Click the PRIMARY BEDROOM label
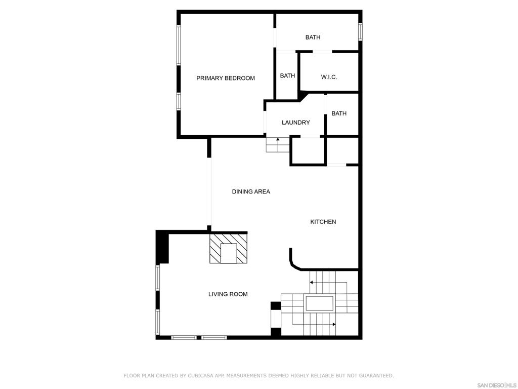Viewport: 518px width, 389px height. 226,78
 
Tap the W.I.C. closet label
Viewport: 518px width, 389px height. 329,77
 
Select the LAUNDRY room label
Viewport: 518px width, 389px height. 295,123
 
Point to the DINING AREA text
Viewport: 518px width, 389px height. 251,191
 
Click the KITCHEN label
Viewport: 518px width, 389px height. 323,222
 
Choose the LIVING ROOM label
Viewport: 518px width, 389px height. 228,294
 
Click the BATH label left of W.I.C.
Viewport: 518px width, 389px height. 287,76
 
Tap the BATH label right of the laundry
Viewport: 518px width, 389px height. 339,113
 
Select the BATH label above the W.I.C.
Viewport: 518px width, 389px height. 313,37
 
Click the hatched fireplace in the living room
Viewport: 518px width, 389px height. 228,249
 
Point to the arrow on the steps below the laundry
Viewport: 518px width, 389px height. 278,144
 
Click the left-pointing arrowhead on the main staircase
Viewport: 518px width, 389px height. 311,283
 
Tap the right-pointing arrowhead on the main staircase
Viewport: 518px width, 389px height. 334,324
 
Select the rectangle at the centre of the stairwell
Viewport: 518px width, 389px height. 319,303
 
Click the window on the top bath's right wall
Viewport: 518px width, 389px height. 360,32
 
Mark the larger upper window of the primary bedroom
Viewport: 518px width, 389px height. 179,45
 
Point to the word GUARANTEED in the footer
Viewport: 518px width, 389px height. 375,375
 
